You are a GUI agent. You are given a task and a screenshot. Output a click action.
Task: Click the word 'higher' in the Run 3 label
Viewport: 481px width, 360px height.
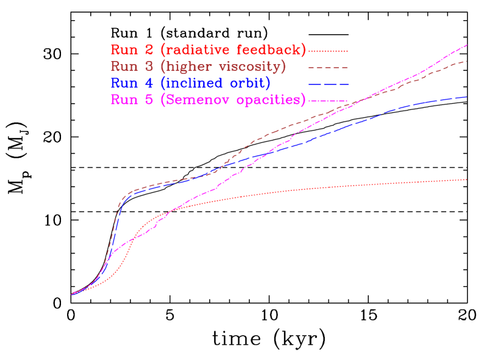[193, 67]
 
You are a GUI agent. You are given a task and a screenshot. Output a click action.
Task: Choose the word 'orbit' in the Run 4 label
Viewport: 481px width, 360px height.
[249, 83]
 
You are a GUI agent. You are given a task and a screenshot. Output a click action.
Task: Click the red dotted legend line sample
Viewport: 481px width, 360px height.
[328, 51]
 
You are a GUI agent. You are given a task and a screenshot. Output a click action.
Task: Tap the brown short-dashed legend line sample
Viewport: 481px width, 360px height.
[328, 67]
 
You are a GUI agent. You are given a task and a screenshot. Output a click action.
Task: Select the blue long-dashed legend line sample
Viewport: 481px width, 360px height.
[328, 84]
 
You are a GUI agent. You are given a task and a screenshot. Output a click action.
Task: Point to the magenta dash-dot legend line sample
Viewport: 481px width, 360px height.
[328, 100]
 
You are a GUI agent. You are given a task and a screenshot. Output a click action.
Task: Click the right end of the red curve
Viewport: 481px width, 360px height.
[466, 179]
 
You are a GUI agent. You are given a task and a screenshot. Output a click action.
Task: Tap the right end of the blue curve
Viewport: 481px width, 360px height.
[466, 97]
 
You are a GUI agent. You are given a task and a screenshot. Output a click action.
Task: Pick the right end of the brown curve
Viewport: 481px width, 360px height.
[466, 62]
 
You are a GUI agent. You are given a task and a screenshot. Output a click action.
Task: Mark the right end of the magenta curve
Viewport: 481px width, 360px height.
[466, 46]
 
